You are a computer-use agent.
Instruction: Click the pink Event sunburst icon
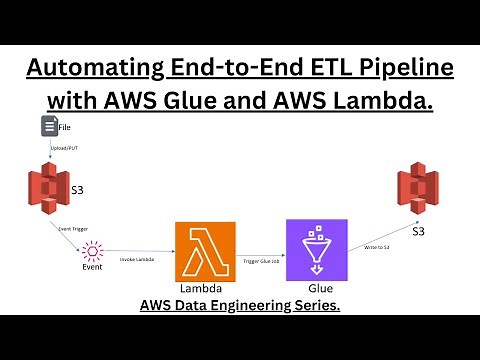pyautogui.click(x=93, y=250)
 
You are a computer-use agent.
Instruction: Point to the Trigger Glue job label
pyautogui.click(x=261, y=260)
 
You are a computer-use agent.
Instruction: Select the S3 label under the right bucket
pyautogui.click(x=419, y=232)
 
